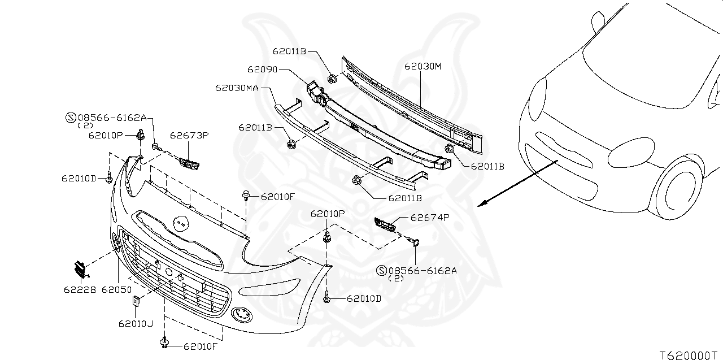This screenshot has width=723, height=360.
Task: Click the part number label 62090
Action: tap(262, 70)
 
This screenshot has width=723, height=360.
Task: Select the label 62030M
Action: tap(423, 66)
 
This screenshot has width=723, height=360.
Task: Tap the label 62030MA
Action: tap(237, 88)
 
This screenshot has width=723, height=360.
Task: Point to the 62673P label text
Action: tap(190, 136)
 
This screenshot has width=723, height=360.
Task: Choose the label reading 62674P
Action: tap(430, 217)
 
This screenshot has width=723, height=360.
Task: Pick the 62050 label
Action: tap(116, 290)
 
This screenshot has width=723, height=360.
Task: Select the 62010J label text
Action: tap(136, 324)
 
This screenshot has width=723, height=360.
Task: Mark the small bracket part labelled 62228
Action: tap(80, 269)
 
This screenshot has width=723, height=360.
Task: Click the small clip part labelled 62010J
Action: tap(136, 301)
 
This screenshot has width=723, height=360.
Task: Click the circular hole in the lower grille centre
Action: tap(169, 272)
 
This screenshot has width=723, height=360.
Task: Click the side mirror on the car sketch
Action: tap(597, 21)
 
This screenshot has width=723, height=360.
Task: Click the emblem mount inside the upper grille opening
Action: tap(181, 223)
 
